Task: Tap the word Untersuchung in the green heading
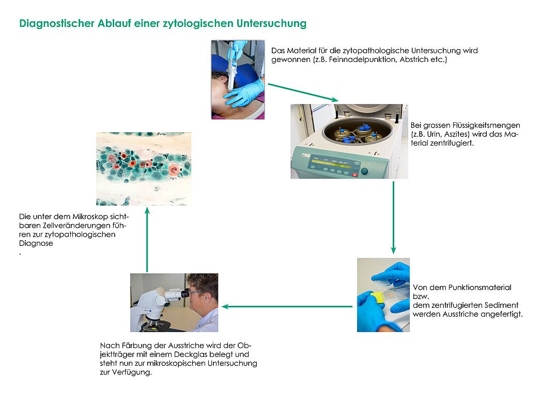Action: [x=271, y=23]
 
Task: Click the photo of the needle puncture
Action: [x=238, y=80]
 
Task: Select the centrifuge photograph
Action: [x=349, y=142]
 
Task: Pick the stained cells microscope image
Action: [x=144, y=169]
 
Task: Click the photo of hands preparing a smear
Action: [x=383, y=295]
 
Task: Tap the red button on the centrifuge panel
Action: [x=354, y=175]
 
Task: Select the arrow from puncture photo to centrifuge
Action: [x=303, y=92]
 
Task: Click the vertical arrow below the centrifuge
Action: [x=393, y=217]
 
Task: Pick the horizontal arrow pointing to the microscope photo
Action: [x=287, y=306]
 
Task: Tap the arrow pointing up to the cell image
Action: [x=147, y=240]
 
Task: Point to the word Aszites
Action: [x=457, y=134]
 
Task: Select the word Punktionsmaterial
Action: [x=479, y=288]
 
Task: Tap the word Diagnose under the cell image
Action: [x=36, y=243]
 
